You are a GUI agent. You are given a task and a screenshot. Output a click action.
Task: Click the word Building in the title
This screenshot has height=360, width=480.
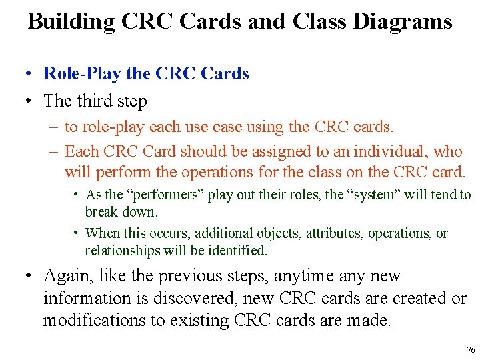[71, 21]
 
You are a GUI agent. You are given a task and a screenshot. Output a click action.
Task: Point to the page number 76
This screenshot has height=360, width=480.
[471, 350]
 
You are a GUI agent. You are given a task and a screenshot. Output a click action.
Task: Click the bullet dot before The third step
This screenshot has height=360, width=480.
[30, 101]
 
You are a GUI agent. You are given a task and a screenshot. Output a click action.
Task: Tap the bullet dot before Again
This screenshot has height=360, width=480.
[30, 276]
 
